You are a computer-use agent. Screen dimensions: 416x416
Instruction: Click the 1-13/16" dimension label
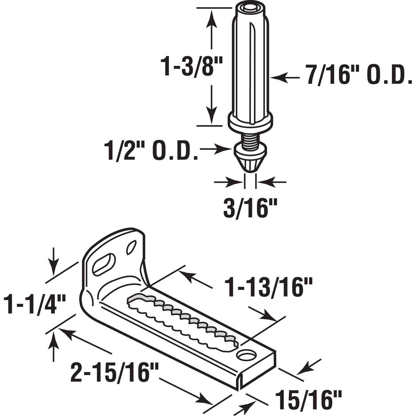tap(268, 288)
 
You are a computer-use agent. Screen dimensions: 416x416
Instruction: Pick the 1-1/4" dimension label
tap(35, 305)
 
